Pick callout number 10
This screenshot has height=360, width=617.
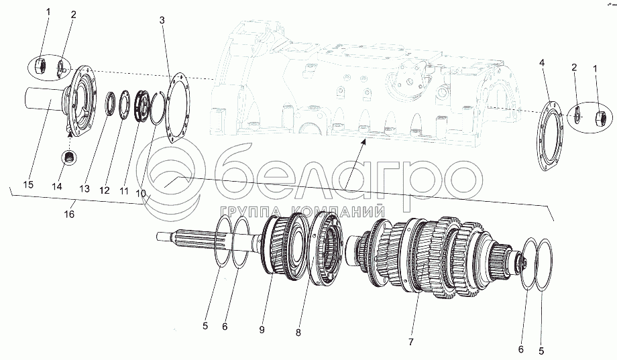point(141,192)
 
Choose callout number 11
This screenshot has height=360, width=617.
point(123,191)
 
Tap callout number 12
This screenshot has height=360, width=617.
point(104,191)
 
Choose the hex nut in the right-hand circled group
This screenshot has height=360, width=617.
point(600,117)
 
